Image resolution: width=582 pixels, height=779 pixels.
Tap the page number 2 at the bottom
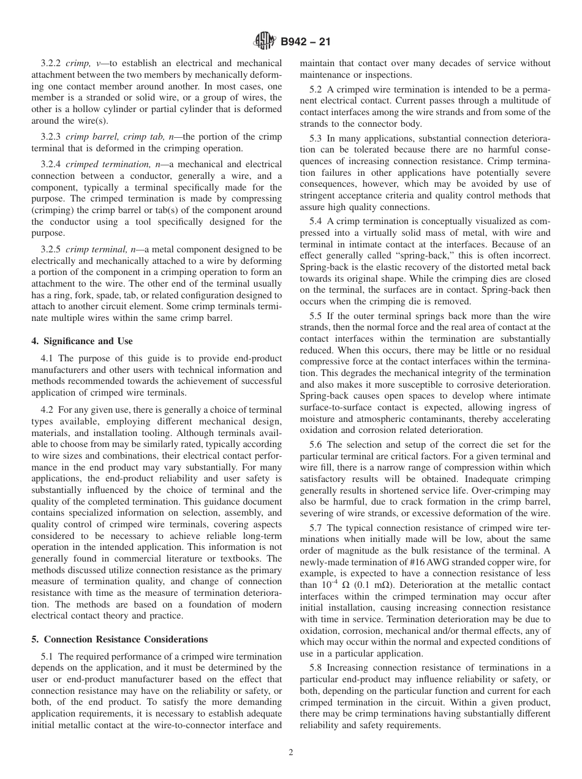(x=291, y=753)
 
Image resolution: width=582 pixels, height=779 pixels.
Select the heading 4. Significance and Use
(x=82, y=341)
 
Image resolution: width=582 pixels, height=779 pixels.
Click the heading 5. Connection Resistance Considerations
(x=119, y=639)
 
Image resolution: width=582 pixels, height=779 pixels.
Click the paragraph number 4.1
(x=47, y=358)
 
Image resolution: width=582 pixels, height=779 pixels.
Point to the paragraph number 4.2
(x=47, y=409)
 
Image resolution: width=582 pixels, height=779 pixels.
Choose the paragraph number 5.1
(x=47, y=657)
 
